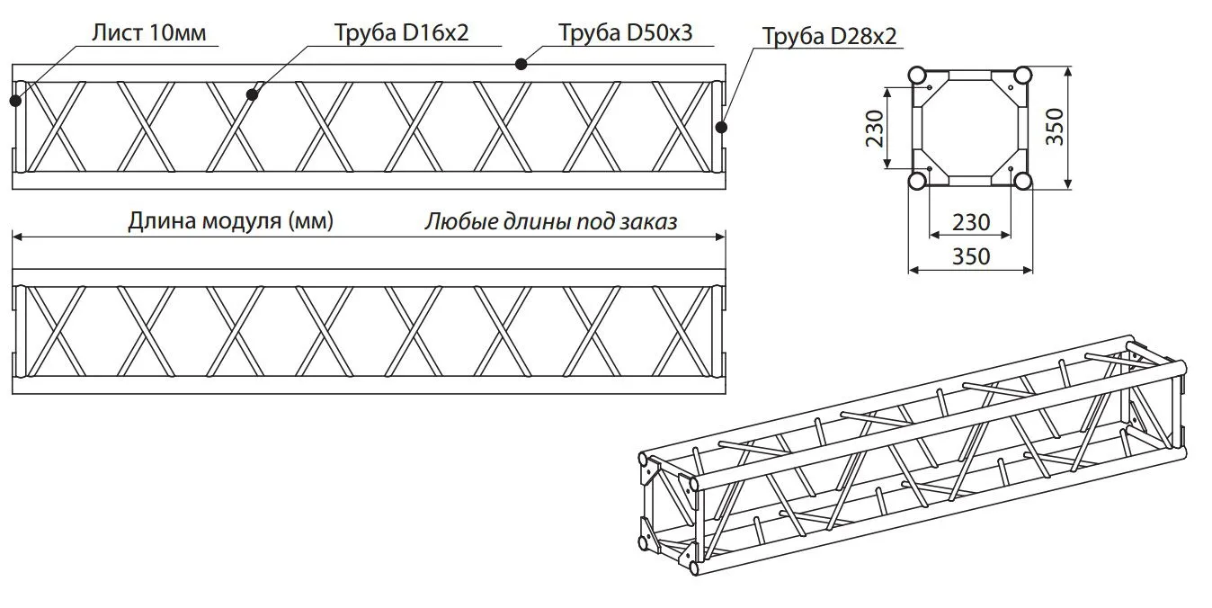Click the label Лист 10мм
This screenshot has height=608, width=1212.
(x=148, y=33)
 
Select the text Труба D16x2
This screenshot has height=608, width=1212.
(x=401, y=33)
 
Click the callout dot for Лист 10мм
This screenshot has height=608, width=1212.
(x=15, y=100)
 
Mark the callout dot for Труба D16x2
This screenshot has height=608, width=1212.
(x=253, y=93)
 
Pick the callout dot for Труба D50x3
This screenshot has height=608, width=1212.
(x=521, y=63)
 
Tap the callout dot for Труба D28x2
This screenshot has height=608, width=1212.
(x=721, y=127)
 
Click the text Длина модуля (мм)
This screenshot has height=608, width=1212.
(x=231, y=221)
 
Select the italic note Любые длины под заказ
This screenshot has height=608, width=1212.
(x=550, y=221)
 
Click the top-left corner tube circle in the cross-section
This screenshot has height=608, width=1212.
(x=917, y=75)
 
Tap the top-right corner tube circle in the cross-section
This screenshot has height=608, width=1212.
(x=1022, y=75)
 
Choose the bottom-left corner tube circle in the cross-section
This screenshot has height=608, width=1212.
(x=917, y=181)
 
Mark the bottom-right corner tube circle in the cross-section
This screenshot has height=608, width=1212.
(x=1022, y=181)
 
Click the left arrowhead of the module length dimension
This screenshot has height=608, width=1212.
(x=15, y=237)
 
